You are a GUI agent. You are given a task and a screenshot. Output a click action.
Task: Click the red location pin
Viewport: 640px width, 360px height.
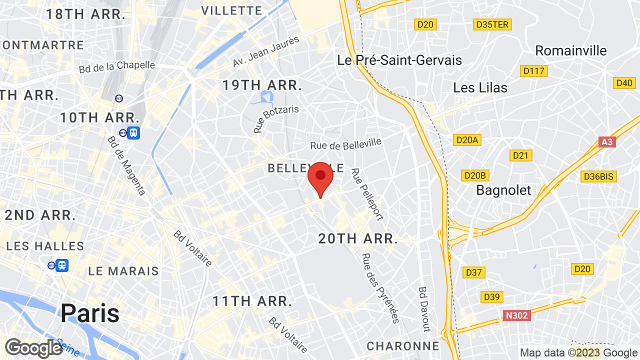320,178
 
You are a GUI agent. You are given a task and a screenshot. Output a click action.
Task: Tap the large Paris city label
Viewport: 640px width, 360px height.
90,313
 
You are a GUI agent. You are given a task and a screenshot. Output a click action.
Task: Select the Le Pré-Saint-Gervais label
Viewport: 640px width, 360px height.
399,60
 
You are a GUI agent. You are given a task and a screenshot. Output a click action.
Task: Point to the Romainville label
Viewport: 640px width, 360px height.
570,50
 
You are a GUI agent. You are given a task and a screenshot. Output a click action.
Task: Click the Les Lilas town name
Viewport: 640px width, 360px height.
480,87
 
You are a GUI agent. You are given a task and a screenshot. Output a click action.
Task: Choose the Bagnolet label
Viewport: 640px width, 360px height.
503,190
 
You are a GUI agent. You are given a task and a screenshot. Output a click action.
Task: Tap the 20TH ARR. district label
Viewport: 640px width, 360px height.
358,239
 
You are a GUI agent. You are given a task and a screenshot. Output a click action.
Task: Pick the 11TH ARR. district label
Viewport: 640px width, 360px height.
252,301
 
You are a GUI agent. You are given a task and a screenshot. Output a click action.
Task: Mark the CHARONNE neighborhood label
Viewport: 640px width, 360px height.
403,346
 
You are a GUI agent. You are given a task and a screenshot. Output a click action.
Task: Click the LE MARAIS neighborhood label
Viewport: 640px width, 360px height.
123,271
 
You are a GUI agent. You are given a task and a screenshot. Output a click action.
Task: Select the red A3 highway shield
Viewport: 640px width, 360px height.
606,142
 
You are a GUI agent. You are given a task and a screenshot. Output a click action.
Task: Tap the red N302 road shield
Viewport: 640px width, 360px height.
516,315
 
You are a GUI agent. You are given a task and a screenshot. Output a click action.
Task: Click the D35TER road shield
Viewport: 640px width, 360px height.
492,24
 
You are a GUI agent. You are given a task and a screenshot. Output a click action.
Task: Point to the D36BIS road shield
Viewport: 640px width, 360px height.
599,176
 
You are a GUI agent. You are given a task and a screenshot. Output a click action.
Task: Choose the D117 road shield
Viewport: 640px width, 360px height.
534,71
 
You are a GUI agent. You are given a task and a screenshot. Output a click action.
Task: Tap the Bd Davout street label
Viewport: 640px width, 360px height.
424,309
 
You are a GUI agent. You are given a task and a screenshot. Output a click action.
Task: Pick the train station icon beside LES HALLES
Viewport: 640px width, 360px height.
62,265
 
